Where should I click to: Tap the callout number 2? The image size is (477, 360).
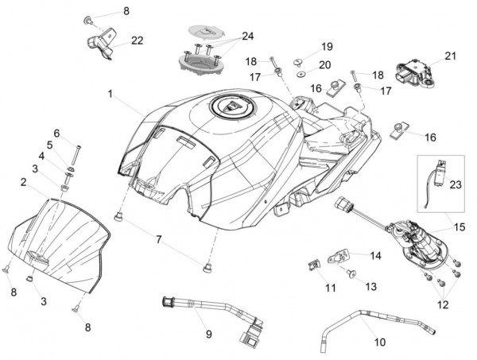(x=24, y=182)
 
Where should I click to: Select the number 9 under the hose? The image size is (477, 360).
(x=208, y=335)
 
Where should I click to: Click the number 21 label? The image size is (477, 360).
(x=452, y=56)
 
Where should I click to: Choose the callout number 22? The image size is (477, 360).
(x=138, y=41)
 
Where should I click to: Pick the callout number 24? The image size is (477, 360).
(x=248, y=36)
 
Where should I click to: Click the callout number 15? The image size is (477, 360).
(x=459, y=227)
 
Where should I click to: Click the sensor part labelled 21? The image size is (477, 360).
(x=417, y=68)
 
